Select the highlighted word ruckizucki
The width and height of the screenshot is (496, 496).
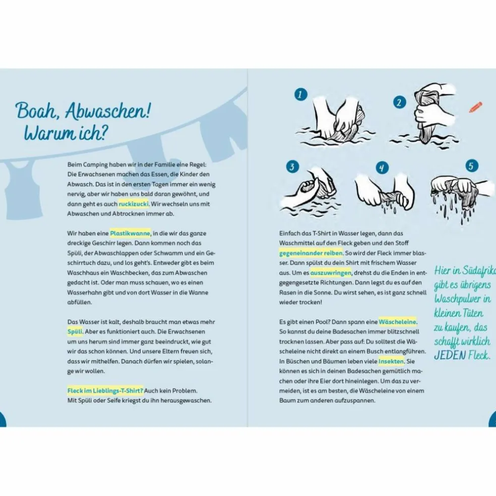[133, 204]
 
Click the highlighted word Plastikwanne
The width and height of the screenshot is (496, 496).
[130, 233]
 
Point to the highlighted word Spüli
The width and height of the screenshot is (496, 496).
[75, 332]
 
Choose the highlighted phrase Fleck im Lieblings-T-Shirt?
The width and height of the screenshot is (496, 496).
[105, 391]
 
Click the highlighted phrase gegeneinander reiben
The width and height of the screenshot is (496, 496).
[311, 253]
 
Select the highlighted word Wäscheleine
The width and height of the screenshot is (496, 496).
[398, 321]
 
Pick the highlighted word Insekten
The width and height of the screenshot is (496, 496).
[391, 361]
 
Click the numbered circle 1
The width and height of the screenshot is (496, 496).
[301, 94]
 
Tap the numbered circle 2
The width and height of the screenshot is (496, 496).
[400, 102]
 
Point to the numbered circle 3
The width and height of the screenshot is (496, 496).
[292, 167]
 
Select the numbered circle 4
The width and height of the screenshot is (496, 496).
[383, 168]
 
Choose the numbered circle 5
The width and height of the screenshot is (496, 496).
[472, 166]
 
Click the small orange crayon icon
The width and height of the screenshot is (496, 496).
[475, 107]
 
